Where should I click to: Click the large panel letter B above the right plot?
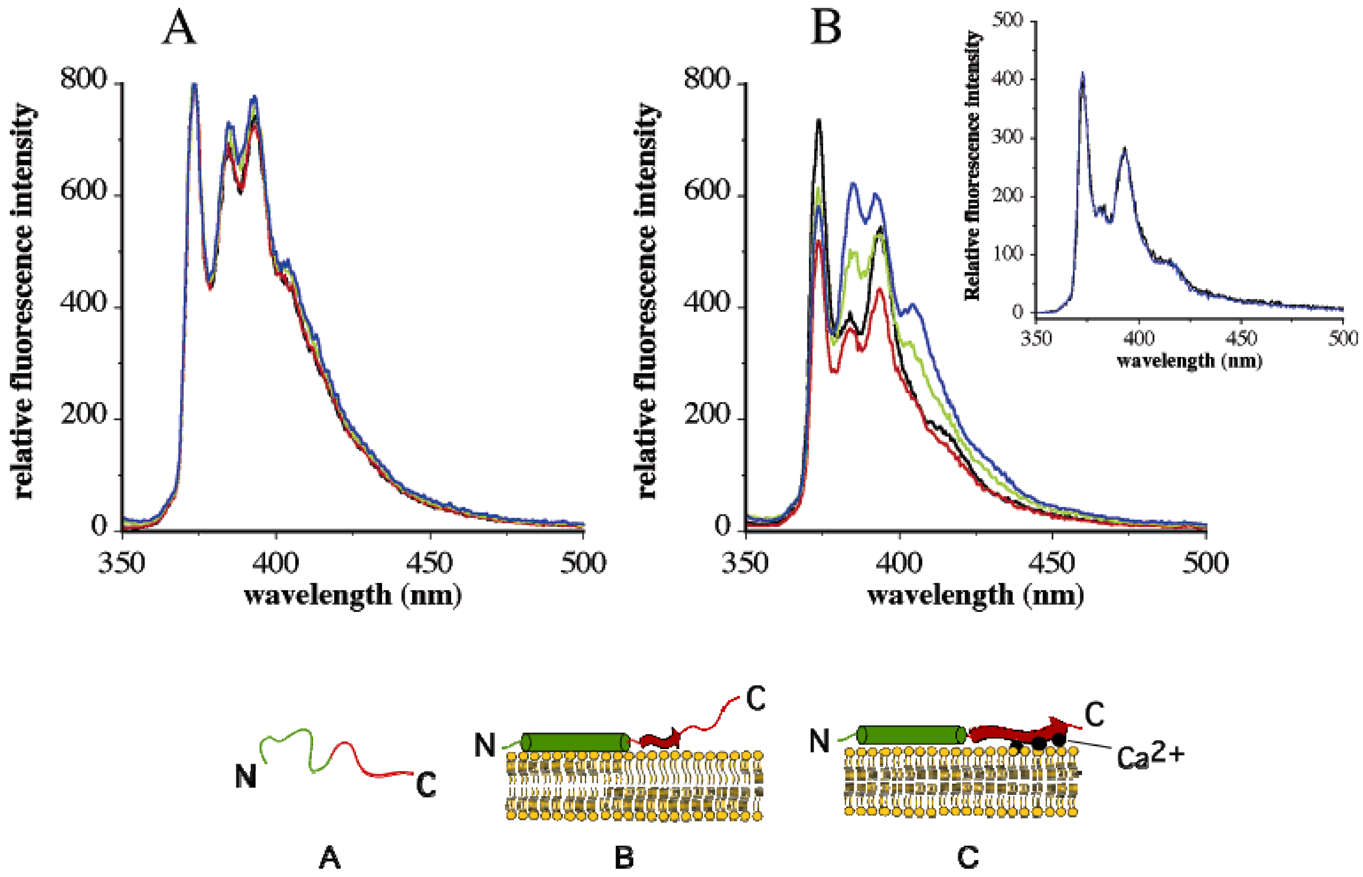coord(825,29)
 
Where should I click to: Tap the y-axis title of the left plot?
coord(24,302)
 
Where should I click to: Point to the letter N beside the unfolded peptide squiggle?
coord(245,776)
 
